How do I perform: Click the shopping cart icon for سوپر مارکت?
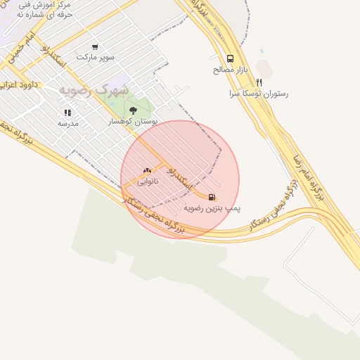coord(95,46)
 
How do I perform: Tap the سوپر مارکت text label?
coord(95,56)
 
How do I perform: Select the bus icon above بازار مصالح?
coord(231,60)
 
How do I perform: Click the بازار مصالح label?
coord(231,70)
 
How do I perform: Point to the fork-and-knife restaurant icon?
coord(259,82)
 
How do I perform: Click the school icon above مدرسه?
coord(67,112)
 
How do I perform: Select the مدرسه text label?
coord(67,123)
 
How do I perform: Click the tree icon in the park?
coord(133,110)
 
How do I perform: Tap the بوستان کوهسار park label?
coord(133,121)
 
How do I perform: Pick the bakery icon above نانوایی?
coord(147,170)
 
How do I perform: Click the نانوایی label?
coord(147,181)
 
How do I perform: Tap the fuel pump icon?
coord(212,198)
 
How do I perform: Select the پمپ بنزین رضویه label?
coord(212,208)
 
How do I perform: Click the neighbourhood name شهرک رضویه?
coord(94,90)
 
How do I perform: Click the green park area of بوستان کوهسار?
coord(141,102)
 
